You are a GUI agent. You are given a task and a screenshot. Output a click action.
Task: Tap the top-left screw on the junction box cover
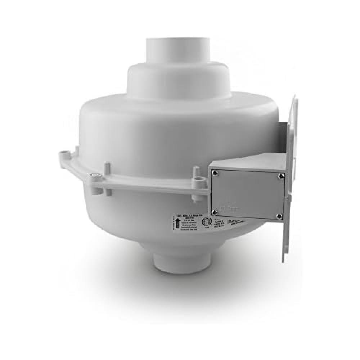pos(215,173)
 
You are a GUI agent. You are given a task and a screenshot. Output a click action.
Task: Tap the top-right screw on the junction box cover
pos(280,176)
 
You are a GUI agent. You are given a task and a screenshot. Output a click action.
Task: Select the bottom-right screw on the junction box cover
pos(279,216)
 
